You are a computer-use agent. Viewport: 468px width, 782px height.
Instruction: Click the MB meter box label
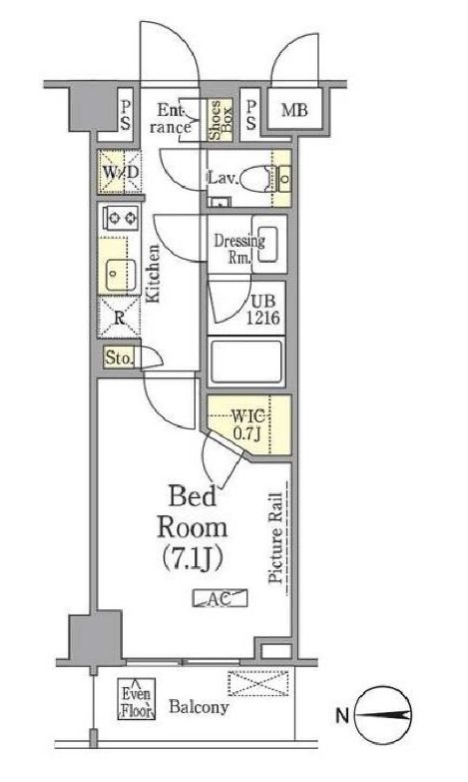tap(294, 110)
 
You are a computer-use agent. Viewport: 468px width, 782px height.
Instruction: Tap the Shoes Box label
tap(220, 120)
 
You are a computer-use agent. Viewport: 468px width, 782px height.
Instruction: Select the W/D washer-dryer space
tap(120, 172)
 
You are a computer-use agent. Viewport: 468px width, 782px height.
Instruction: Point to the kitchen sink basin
tap(121, 275)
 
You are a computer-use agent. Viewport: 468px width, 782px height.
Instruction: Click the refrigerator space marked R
tap(119, 317)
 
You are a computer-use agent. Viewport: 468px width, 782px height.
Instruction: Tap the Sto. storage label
tap(119, 358)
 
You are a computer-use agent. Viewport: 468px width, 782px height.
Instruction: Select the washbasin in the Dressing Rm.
tap(268, 245)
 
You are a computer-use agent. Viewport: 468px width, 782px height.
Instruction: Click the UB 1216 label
tap(262, 310)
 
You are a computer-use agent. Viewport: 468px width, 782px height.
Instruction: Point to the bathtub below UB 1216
tap(245, 362)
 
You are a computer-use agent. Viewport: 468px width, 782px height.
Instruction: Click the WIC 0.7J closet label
tap(248, 423)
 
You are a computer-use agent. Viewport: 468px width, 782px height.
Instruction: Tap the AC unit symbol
tap(220, 598)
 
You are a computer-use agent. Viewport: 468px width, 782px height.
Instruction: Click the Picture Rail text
tap(275, 537)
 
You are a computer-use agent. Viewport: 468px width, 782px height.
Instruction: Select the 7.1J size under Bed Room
tap(193, 559)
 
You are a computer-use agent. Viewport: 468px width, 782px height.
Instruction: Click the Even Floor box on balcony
tap(137, 698)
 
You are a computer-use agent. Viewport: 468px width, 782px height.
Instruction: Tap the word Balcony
tap(199, 707)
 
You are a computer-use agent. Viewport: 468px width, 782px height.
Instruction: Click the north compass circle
tap(383, 716)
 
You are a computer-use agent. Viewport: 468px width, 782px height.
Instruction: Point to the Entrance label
tap(170, 119)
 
